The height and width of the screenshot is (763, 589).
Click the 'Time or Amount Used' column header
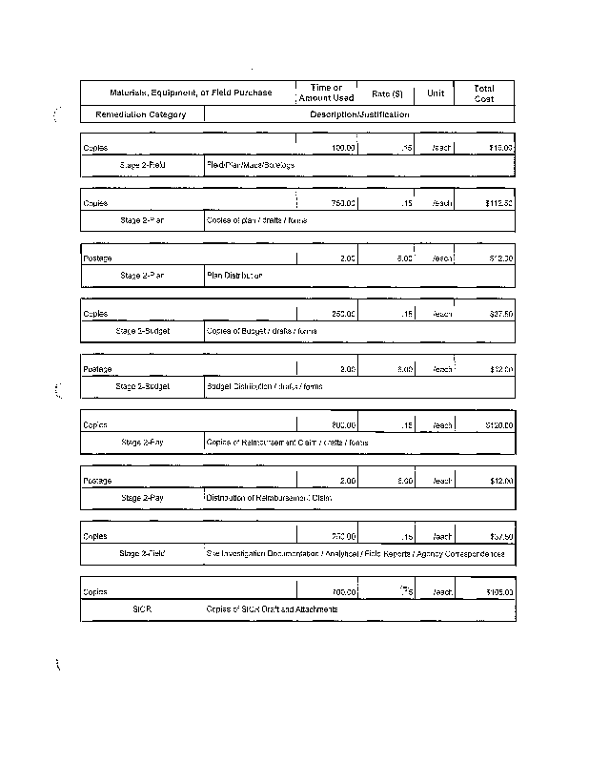point(326,93)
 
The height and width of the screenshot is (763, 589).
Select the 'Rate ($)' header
point(387,93)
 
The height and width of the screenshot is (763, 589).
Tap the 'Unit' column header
point(436,93)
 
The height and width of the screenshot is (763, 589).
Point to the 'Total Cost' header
point(484,93)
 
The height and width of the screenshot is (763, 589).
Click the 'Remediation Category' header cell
point(140,114)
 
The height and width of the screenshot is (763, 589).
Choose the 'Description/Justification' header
point(359,114)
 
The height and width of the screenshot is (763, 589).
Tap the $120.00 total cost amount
point(498,424)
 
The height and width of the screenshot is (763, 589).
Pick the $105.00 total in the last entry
point(498,591)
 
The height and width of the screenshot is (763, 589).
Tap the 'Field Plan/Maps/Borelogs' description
point(251,165)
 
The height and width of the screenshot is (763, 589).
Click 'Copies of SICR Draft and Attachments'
point(272,608)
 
